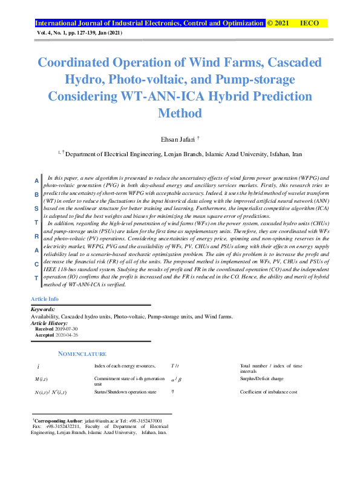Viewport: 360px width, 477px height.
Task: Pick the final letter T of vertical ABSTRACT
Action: pyautogui.click(x=36, y=278)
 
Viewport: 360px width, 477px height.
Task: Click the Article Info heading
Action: pyautogui.click(x=45, y=300)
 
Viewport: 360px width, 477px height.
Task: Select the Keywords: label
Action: pyautogui.click(x=43, y=310)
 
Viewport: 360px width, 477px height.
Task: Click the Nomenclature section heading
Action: pyautogui.click(x=82, y=354)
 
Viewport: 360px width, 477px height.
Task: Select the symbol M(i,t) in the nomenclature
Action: pyautogui.click(x=42, y=379)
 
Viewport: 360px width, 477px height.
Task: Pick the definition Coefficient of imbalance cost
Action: pyautogui.click(x=268, y=392)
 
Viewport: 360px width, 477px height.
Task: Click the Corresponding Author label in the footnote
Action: pyautogui.click(x=58, y=420)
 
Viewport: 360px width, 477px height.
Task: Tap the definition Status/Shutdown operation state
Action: pyautogui.click(x=125, y=392)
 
